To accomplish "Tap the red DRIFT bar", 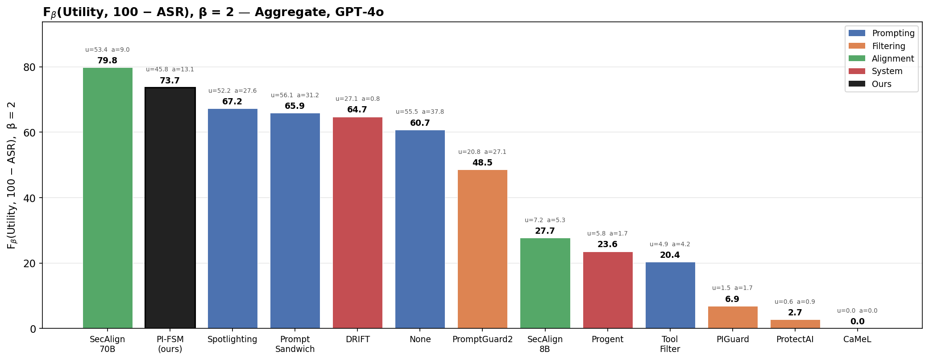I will point(357,223).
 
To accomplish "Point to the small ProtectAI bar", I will point(795,324).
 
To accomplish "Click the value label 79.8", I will point(108,61).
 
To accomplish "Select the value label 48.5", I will point(482,163).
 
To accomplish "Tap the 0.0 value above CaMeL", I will point(857,322).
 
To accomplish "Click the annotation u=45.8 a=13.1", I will point(170,70).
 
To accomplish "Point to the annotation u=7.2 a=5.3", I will point(545,220).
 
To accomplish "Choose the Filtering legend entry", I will point(888,46).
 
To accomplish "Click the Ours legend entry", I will point(881,84).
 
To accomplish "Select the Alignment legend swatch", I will point(856,58).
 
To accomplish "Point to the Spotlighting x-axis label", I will point(232,339).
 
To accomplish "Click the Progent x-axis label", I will point(607,339).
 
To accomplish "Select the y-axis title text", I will point(12,175).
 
